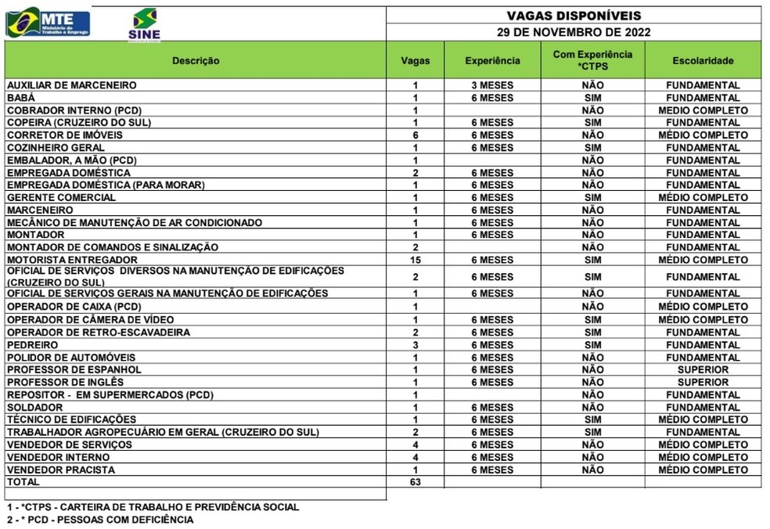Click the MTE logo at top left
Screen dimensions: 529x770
(x=48, y=23)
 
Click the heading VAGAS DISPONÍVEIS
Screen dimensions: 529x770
(x=574, y=16)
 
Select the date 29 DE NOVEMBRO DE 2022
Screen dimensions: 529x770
(x=574, y=33)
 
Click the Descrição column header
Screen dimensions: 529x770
(x=196, y=60)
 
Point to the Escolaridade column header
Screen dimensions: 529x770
(x=703, y=60)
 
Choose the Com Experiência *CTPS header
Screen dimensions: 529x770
(x=592, y=60)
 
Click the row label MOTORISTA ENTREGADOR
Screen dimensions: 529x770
(x=72, y=260)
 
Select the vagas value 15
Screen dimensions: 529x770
(x=416, y=260)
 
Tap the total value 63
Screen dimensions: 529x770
(x=416, y=482)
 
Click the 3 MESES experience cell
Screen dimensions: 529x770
(x=492, y=85)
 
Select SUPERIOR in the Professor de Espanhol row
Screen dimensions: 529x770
(x=703, y=369)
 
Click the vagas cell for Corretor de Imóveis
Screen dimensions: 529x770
(x=416, y=135)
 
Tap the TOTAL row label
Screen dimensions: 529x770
(x=23, y=482)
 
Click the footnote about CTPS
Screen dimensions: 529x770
(x=153, y=506)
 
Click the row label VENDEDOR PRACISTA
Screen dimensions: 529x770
(x=60, y=470)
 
